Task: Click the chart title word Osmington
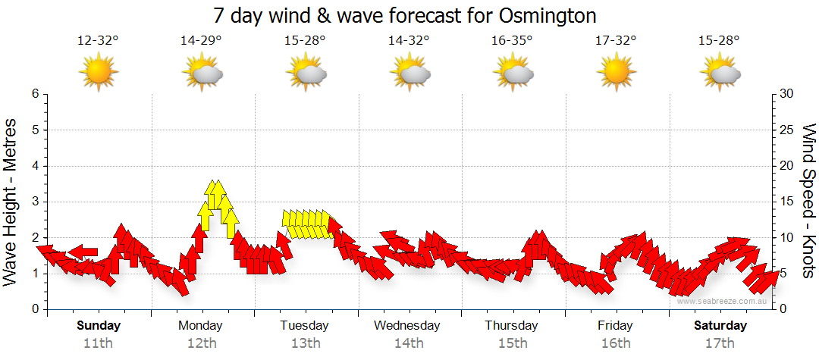548,15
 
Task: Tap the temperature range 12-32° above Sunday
98,41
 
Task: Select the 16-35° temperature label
512,41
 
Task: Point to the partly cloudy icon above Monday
201,74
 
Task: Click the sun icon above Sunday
98,73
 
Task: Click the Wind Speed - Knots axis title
808,201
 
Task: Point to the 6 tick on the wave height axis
35,94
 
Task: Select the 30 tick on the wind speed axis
787,94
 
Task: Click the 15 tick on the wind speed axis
787,202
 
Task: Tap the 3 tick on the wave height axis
35,202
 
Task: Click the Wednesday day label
407,326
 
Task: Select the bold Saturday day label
720,326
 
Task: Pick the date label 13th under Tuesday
304,343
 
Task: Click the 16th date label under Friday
615,343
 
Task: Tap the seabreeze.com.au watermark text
723,301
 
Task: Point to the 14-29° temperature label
201,41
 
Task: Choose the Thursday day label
512,326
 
